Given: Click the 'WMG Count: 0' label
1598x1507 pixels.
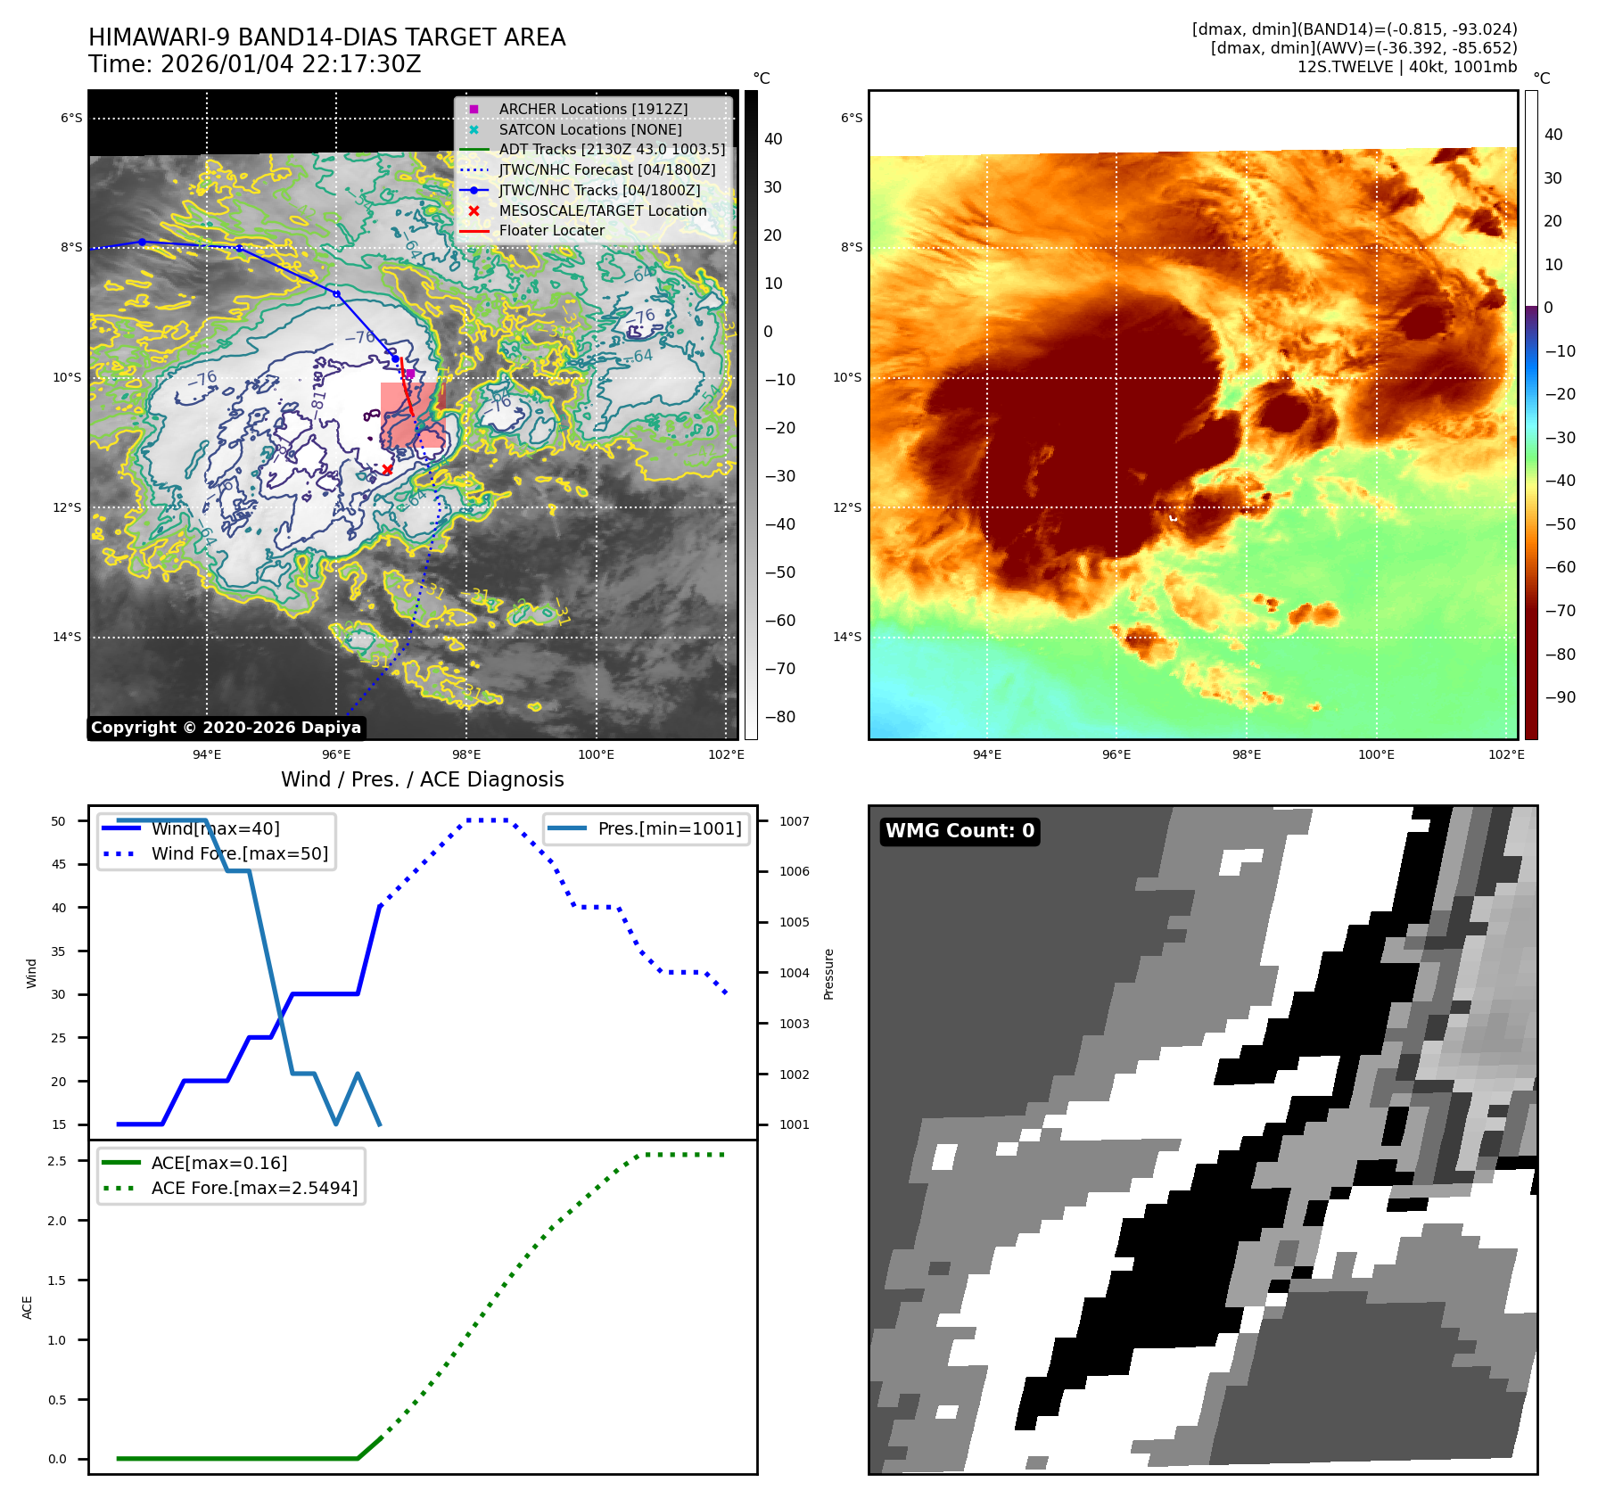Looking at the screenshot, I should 960,831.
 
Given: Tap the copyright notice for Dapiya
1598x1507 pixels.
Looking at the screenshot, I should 226,728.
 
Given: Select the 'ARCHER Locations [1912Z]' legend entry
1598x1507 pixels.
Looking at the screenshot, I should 593,109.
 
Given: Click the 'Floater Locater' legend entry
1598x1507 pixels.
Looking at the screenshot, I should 551,230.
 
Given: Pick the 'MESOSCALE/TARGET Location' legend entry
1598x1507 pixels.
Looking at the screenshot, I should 602,210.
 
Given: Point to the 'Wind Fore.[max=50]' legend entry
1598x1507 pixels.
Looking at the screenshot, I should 239,853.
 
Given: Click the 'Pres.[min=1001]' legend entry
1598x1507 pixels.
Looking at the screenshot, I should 669,828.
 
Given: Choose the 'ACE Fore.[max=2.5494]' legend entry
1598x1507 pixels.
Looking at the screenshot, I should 254,1188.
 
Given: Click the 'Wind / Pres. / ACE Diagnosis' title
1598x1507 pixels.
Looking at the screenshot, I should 423,779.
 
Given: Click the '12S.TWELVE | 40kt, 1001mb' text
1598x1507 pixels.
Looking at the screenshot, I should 1406,67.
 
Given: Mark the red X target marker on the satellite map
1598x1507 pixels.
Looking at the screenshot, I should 387,469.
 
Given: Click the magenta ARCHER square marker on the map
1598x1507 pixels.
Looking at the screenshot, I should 410,374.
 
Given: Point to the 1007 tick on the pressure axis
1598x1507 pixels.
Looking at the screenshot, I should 794,821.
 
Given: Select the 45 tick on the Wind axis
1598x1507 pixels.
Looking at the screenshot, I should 59,864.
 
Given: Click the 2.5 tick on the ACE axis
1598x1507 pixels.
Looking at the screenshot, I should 57,1161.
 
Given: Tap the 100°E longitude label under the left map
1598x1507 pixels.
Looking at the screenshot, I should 596,754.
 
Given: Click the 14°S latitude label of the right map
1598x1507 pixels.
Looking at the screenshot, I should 846,637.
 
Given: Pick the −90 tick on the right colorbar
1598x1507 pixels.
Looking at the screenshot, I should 1560,697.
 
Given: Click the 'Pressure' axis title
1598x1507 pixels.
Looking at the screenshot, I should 828,974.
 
